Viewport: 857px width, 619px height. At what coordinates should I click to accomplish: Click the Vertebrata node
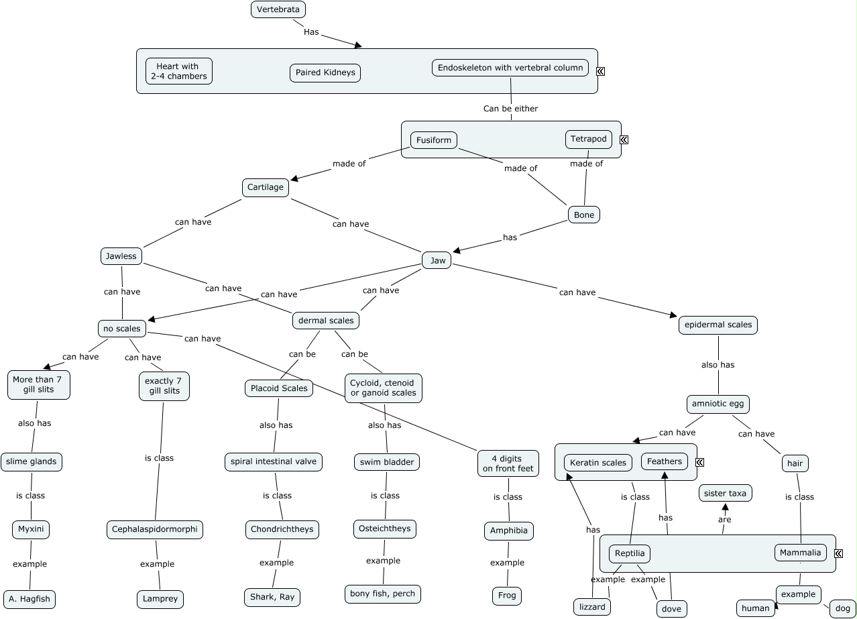point(278,9)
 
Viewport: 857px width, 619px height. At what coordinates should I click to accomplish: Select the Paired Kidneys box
point(325,72)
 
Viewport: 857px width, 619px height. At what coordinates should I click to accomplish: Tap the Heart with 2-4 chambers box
point(178,71)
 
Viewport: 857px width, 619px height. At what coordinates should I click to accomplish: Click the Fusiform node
point(434,140)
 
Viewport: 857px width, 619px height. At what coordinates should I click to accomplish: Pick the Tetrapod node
point(588,139)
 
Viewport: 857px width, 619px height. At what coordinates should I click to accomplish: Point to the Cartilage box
point(266,187)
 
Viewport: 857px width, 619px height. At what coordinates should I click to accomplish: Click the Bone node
point(584,215)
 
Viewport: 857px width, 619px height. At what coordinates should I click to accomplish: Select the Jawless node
point(121,256)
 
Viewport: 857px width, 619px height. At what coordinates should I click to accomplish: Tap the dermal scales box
point(326,321)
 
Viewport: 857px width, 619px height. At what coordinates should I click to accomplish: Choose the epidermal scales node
point(718,325)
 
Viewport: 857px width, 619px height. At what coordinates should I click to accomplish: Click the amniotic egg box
point(718,404)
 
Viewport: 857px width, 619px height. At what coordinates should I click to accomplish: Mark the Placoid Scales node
point(279,388)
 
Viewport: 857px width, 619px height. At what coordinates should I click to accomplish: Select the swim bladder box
point(387,462)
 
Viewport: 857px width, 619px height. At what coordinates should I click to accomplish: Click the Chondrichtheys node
point(282,529)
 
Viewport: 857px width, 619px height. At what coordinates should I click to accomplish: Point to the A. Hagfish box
point(30,599)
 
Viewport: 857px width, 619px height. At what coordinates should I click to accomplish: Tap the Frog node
point(507,596)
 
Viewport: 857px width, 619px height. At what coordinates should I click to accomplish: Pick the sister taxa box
point(725,493)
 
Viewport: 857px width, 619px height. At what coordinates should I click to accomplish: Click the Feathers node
point(665,461)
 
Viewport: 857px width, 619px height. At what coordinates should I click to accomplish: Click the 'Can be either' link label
point(510,108)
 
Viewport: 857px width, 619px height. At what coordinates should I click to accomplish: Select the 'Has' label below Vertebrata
point(311,31)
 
